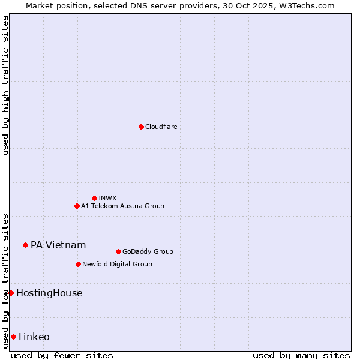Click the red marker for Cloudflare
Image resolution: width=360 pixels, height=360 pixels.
click(x=141, y=127)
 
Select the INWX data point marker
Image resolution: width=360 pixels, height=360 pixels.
click(x=94, y=198)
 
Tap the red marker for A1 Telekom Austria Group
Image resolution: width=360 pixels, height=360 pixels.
click(x=77, y=206)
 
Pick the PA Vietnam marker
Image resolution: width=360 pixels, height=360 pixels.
click(x=25, y=245)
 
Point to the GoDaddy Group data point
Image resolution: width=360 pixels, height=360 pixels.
click(x=118, y=251)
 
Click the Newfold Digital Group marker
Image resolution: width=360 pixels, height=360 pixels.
click(x=78, y=264)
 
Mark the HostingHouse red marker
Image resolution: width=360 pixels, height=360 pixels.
click(x=11, y=293)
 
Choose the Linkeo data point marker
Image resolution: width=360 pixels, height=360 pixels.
click(x=13, y=337)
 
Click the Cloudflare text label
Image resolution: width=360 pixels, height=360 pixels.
click(x=161, y=127)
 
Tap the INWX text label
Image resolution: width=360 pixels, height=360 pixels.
click(x=108, y=198)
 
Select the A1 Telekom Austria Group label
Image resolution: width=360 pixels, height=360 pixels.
click(x=122, y=206)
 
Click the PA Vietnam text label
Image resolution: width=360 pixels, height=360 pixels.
click(x=58, y=245)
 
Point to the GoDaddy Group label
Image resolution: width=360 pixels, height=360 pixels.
click(x=148, y=251)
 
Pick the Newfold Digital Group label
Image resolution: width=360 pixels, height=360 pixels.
click(x=117, y=264)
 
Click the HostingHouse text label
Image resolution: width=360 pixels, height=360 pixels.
click(x=49, y=293)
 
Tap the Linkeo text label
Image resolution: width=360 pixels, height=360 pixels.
click(x=34, y=337)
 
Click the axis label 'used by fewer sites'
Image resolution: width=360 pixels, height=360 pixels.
click(x=62, y=355)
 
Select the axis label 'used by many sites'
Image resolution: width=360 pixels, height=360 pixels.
click(x=301, y=355)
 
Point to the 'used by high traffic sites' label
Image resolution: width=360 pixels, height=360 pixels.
click(x=5, y=85)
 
